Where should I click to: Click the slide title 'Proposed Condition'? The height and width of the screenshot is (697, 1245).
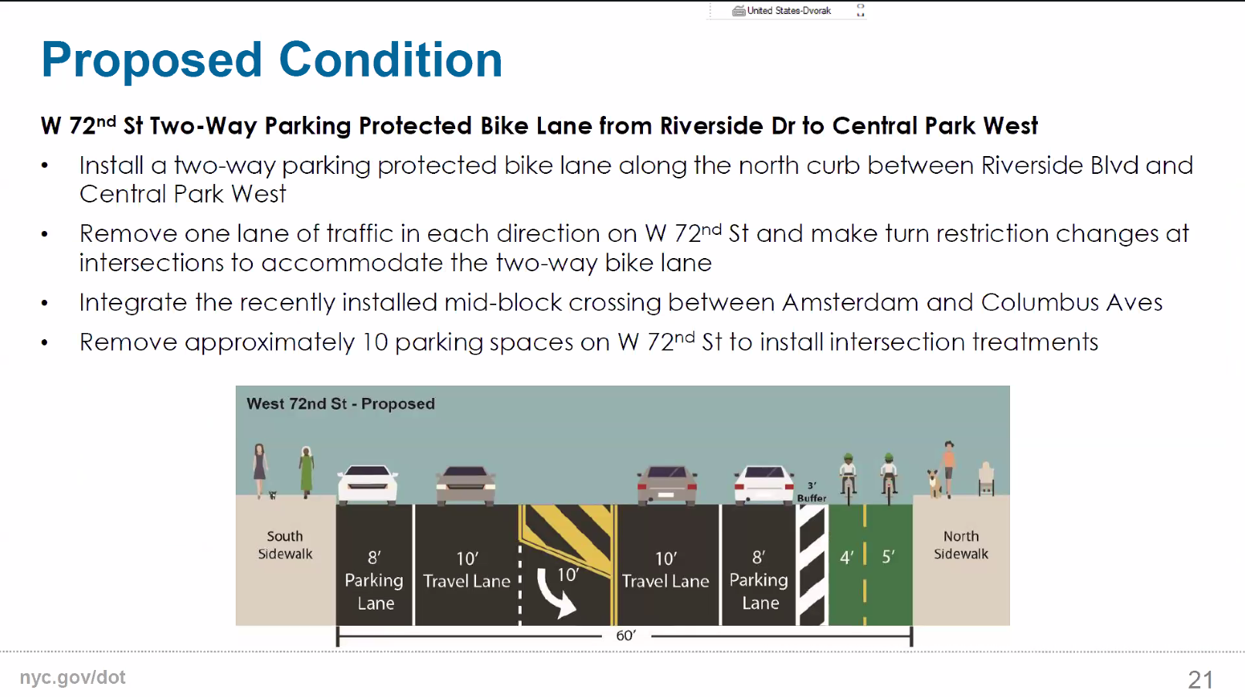click(272, 60)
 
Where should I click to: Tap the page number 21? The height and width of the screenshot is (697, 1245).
click(1200, 679)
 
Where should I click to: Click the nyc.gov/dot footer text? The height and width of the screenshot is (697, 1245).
click(73, 678)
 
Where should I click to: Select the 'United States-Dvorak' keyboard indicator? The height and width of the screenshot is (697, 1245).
click(782, 11)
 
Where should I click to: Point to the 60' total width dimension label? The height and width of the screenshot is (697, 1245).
click(626, 635)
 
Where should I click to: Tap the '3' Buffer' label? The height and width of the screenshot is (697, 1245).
click(811, 492)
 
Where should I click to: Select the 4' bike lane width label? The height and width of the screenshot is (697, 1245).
click(846, 557)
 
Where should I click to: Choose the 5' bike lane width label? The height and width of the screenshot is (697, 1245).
click(888, 556)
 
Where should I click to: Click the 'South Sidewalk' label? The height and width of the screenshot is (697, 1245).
click(284, 545)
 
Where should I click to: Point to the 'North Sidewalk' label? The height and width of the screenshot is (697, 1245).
click(961, 545)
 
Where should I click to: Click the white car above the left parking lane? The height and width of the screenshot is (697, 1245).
click(367, 484)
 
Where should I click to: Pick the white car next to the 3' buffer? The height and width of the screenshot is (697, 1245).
click(764, 484)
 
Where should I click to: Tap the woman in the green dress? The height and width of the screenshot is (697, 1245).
click(306, 472)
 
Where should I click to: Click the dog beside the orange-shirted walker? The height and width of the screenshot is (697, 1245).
click(935, 484)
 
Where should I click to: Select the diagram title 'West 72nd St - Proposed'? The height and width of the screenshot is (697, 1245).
click(340, 404)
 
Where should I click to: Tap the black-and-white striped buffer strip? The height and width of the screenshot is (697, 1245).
click(812, 565)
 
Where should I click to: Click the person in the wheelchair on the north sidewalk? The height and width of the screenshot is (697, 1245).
click(986, 478)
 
